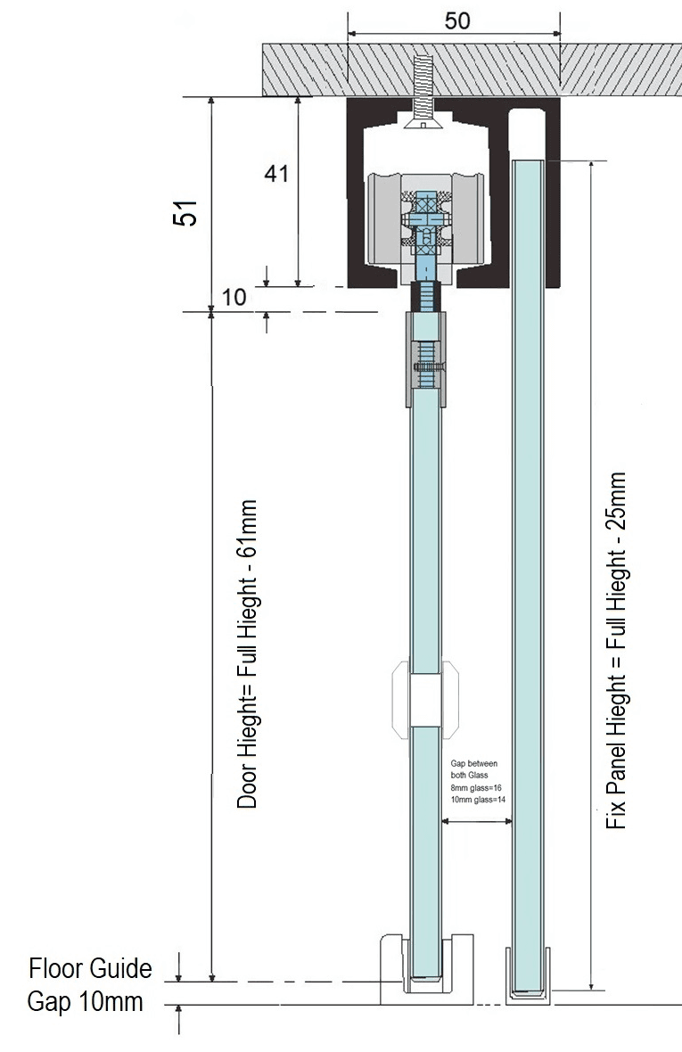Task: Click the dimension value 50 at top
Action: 457,21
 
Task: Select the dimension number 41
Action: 276,174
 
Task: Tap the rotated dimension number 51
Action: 185,213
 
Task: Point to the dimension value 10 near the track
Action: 234,297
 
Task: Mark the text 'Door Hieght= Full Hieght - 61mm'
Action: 248,654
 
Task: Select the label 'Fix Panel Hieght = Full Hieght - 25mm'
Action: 616,651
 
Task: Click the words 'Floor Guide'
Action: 91,969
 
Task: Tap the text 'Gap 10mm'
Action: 86,1002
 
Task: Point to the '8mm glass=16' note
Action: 477,787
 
